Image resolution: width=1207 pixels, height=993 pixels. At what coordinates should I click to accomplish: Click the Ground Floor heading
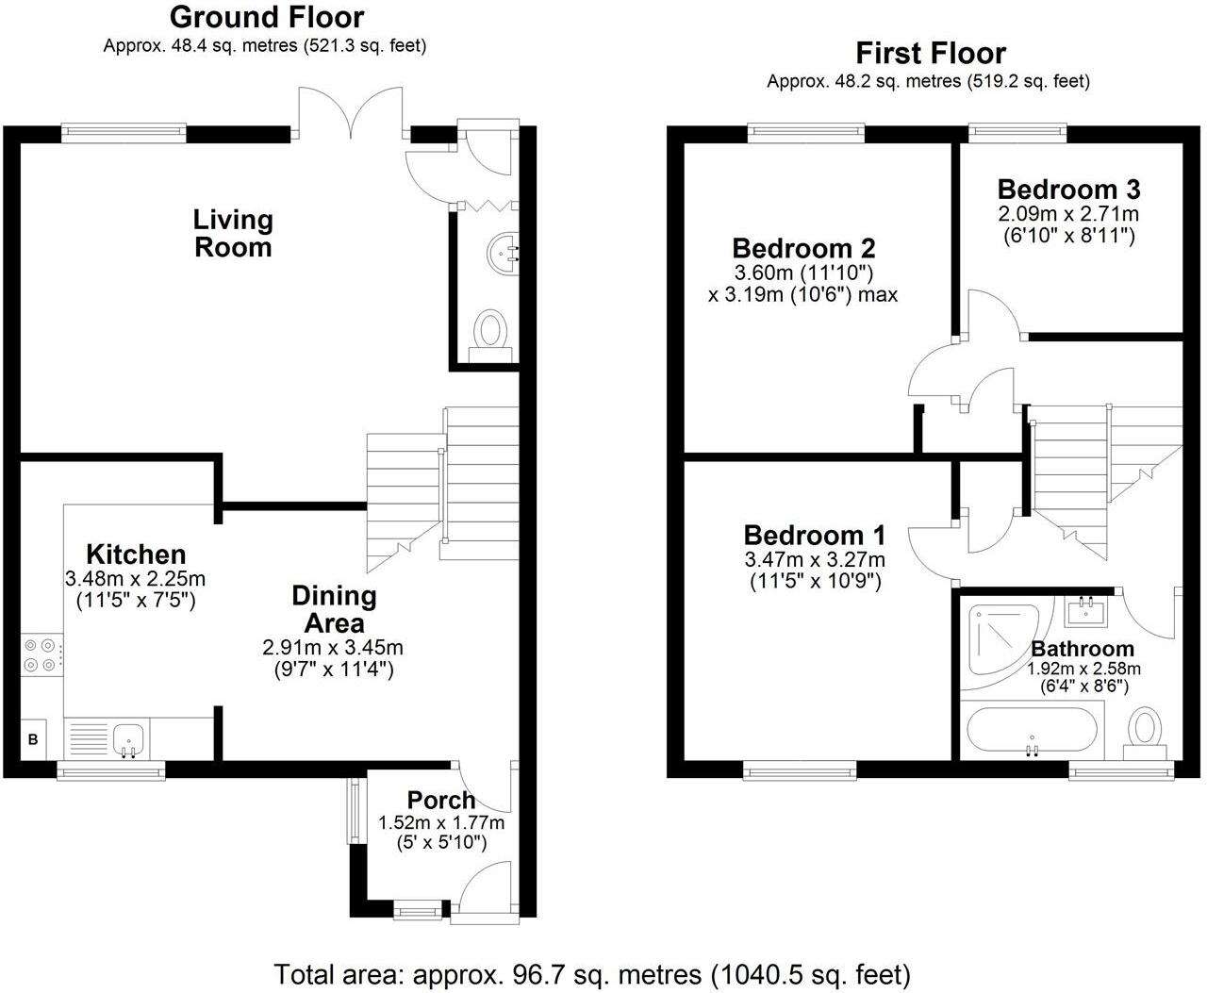pyautogui.click(x=266, y=17)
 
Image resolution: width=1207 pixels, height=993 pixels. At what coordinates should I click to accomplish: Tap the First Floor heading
pyautogui.click(x=930, y=53)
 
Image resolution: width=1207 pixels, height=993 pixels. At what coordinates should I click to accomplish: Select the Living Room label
pyautogui.click(x=233, y=233)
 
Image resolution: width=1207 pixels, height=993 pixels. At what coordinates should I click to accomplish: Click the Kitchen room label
pyautogui.click(x=136, y=554)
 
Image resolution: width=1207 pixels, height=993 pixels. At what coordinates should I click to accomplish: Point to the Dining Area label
pyautogui.click(x=334, y=609)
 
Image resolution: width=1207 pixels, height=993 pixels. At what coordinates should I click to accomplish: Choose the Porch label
pyautogui.click(x=441, y=801)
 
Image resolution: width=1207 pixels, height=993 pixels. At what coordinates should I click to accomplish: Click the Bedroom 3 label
pyautogui.click(x=1068, y=189)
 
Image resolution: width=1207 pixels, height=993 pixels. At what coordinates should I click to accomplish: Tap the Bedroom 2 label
pyautogui.click(x=803, y=249)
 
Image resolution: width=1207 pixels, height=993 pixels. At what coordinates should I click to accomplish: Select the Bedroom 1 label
pyautogui.click(x=814, y=536)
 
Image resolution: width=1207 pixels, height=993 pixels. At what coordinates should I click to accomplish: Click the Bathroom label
pyautogui.click(x=1083, y=649)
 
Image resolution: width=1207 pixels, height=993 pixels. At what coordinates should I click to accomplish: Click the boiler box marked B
pyautogui.click(x=33, y=739)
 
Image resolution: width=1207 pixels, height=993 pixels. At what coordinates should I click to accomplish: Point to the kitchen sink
pyautogui.click(x=128, y=738)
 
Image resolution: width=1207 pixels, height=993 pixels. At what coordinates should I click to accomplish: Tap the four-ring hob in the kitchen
pyautogui.click(x=41, y=655)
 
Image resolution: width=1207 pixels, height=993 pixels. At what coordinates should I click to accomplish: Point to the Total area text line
pyautogui.click(x=592, y=973)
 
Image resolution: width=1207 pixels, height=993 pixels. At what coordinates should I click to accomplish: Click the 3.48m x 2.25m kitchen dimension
pyautogui.click(x=136, y=578)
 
